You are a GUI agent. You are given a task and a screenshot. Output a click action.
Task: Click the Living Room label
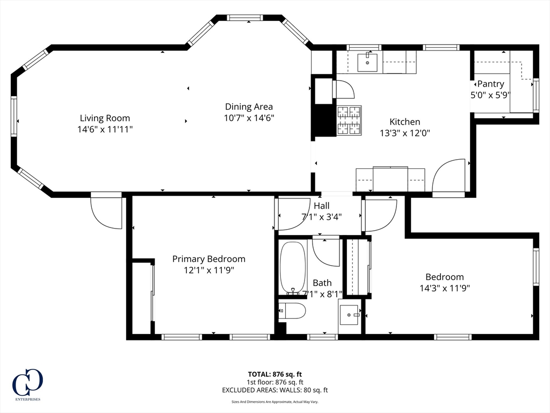click(105, 118)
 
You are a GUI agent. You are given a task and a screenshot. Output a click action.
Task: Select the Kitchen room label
click(404, 122)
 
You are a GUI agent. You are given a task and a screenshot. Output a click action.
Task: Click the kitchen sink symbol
click(367, 62)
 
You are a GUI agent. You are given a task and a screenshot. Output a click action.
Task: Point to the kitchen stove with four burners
click(349, 120)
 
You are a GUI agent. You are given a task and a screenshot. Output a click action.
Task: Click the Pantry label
click(490, 84)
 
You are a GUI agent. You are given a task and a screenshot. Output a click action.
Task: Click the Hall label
click(322, 205)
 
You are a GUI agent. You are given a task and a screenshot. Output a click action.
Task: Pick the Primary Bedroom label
click(208, 259)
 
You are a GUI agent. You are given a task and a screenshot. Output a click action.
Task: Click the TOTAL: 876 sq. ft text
click(274, 374)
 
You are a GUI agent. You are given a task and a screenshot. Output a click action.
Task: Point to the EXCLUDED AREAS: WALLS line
click(274, 390)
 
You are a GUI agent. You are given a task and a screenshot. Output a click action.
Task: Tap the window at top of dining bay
click(245, 18)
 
